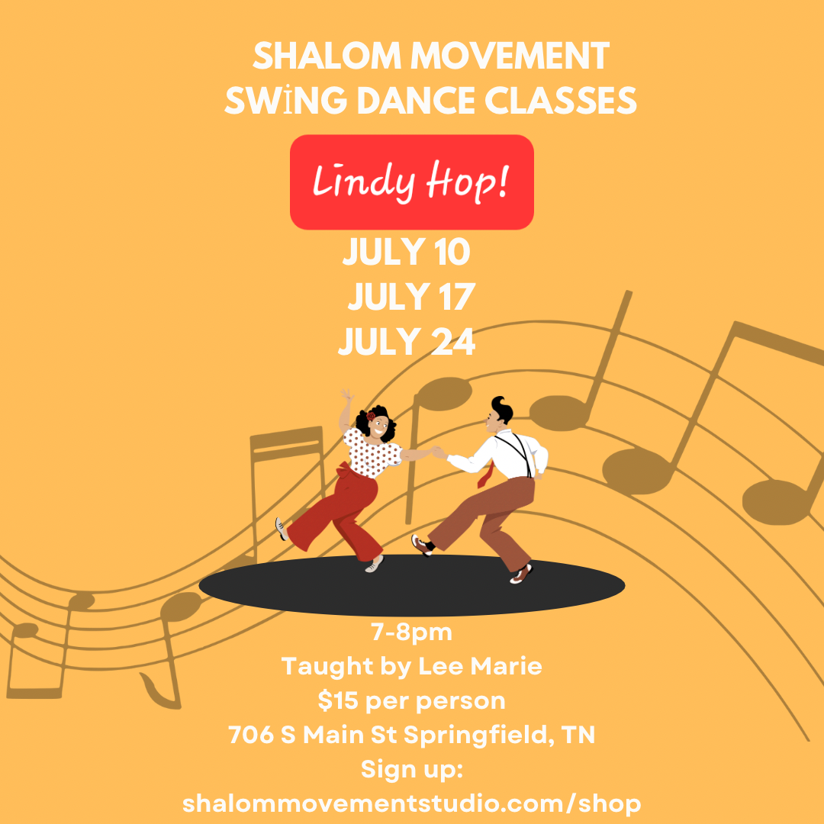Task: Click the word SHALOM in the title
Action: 327,56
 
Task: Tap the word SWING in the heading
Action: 285,100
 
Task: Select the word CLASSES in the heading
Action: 560,100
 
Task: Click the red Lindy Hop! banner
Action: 411,182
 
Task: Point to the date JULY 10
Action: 406,251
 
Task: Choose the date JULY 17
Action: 411,296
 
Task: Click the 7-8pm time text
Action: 411,632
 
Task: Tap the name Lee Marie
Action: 480,666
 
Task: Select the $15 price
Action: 337,700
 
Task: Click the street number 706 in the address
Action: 251,734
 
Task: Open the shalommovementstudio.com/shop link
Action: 411,804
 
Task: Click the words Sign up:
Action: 411,770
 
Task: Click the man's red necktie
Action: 485,475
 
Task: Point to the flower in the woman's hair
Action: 371,416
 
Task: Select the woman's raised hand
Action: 347,394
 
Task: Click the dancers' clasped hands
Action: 438,452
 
